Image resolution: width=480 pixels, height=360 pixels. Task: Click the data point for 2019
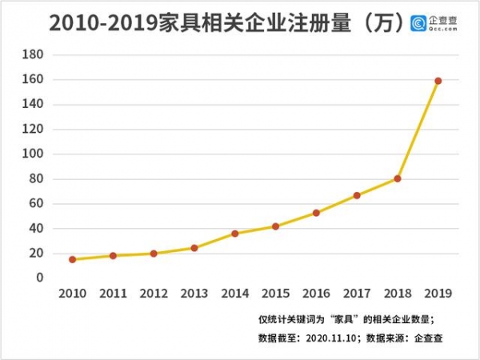[x=438, y=81]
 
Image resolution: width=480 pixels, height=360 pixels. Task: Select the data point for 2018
[x=398, y=178]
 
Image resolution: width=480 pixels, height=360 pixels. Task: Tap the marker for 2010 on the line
[x=73, y=259]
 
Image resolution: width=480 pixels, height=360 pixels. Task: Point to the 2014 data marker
[x=235, y=234]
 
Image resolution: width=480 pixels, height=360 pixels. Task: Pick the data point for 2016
[x=316, y=213]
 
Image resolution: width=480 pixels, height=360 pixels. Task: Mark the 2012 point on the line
[x=154, y=254]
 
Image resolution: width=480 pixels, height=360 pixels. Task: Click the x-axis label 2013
[x=194, y=294]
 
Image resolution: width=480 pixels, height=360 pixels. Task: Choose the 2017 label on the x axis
[x=357, y=294]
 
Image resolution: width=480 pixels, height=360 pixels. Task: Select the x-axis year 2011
[x=113, y=294]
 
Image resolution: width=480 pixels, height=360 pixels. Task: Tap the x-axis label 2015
[x=275, y=294]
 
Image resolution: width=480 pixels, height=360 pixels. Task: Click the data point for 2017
[x=357, y=195]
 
